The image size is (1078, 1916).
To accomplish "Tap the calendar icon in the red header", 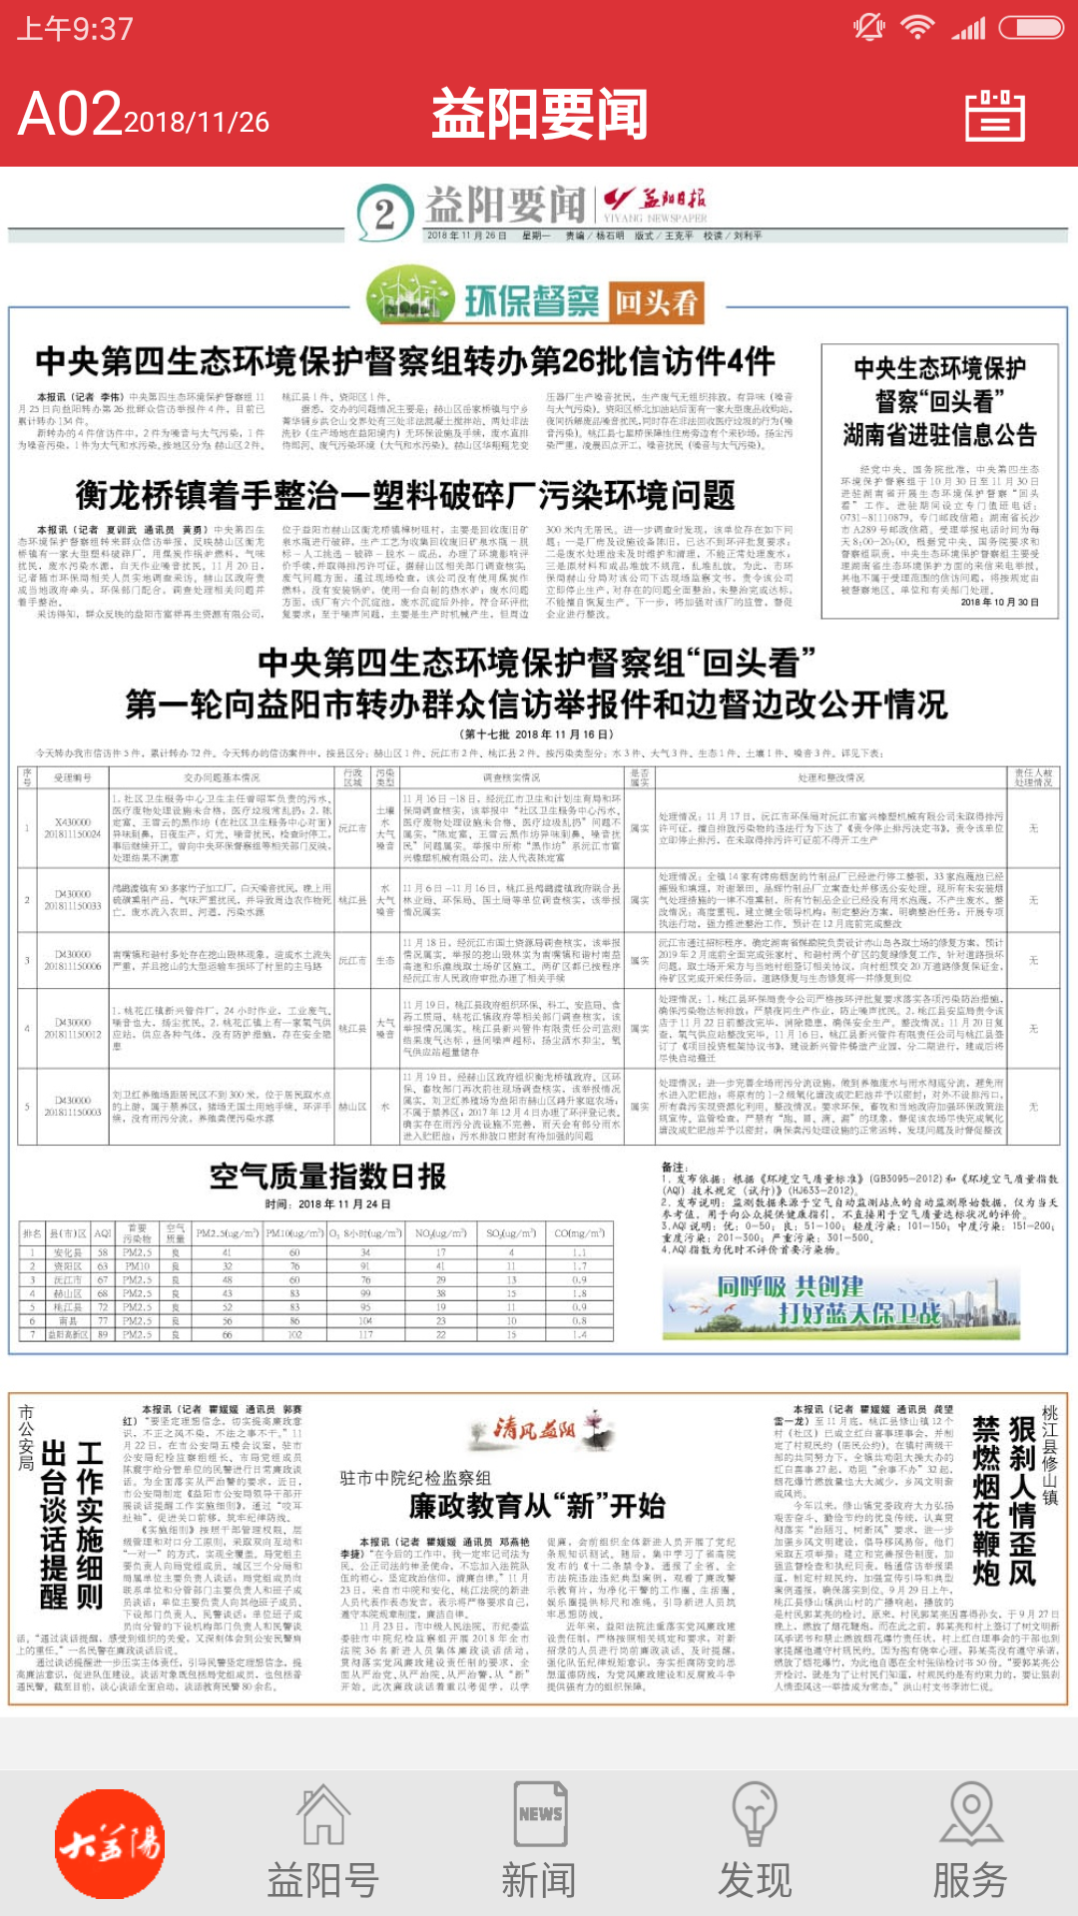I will (x=994, y=116).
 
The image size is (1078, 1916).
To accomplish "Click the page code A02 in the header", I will (x=70, y=115).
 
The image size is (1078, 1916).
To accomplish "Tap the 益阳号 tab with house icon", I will (x=322, y=1843).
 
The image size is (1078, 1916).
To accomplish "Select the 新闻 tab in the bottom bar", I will (x=539, y=1843).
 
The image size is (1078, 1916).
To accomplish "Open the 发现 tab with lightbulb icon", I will (x=755, y=1843).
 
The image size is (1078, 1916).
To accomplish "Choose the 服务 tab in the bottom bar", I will (x=969, y=1843).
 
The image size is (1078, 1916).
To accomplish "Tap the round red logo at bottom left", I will (x=110, y=1843).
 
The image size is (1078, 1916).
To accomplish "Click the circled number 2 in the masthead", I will (x=385, y=214).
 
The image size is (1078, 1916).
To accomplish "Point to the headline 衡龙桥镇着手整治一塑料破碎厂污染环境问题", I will (x=404, y=495).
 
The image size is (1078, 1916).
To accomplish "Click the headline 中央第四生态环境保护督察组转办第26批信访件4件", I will (x=404, y=361).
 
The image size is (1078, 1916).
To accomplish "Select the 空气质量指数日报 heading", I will (x=327, y=1177).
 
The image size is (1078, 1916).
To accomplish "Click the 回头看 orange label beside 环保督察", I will (x=656, y=302).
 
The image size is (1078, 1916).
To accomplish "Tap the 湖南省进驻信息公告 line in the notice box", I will (x=939, y=434).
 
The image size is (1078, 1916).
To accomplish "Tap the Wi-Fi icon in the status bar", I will (x=916, y=27).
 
